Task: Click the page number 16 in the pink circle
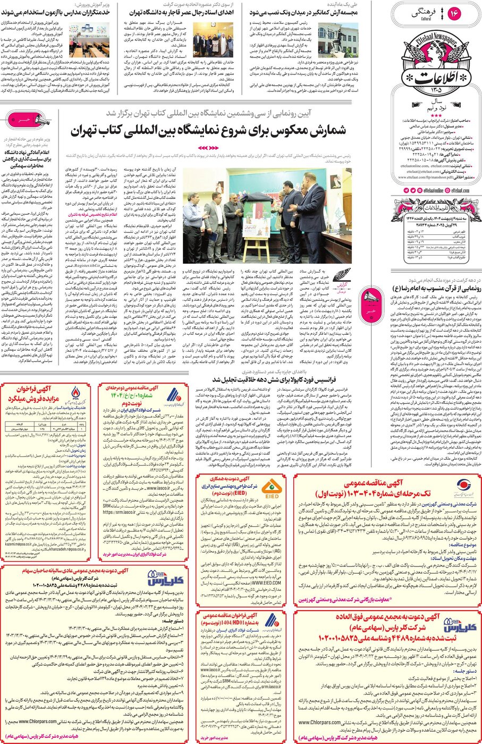point(454,14)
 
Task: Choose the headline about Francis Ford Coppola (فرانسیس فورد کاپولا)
point(274,379)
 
